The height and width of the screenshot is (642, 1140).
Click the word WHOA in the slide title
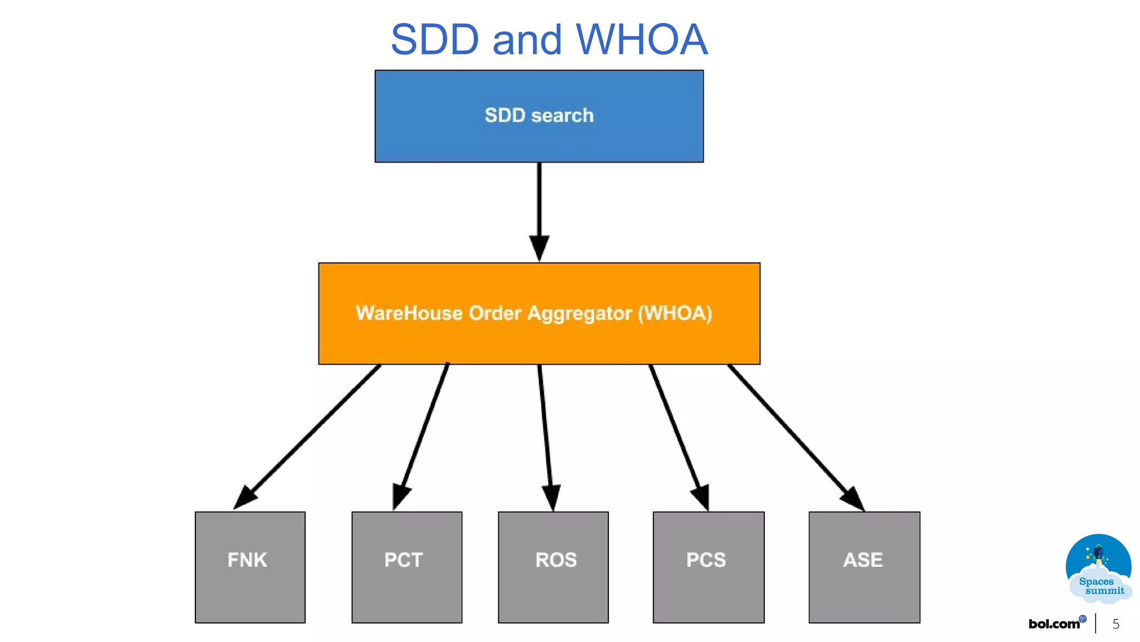[641, 40]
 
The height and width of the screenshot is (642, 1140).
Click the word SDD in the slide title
[435, 40]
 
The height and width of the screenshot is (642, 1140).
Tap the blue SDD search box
[539, 116]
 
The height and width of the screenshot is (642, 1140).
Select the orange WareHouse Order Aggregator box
[539, 313]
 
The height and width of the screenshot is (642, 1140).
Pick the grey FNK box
[250, 567]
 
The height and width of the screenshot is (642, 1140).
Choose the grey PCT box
[406, 567]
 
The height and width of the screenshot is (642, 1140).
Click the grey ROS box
[553, 567]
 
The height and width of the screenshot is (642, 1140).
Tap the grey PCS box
[708, 567]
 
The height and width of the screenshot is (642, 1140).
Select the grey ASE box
[864, 567]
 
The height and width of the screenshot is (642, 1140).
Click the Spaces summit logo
[1099, 568]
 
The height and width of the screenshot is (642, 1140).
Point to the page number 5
[1116, 624]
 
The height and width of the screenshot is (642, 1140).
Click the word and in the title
[527, 40]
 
